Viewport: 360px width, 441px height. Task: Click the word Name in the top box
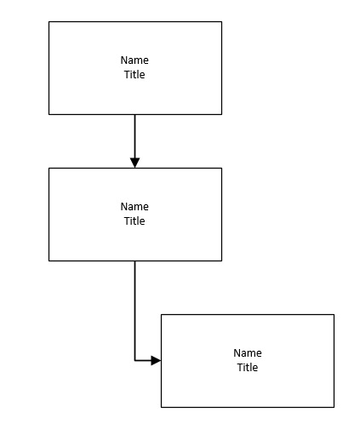tap(134, 60)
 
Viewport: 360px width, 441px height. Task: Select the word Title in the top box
tap(134, 75)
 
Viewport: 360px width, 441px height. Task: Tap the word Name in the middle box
tap(134, 207)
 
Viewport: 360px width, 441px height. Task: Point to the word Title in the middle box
tap(134, 221)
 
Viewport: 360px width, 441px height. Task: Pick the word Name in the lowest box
tap(247, 353)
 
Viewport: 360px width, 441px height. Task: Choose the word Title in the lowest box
tap(247, 368)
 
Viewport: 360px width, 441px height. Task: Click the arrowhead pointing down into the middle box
tap(134, 163)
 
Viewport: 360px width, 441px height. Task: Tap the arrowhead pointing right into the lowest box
tap(156, 361)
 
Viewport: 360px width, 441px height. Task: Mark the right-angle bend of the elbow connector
tap(134, 361)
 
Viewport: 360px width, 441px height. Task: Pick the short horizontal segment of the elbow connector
tap(143, 361)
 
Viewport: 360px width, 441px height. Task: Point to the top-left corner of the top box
tap(49, 22)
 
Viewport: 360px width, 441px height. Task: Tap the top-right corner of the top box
tap(221, 22)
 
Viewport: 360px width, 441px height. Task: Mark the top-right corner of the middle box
tap(221, 169)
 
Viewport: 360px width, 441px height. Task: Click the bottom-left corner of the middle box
tap(49, 261)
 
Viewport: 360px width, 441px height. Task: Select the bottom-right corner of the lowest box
tap(334, 407)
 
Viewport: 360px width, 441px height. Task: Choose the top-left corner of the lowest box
tap(161, 315)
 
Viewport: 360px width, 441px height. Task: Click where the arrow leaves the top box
tap(134, 115)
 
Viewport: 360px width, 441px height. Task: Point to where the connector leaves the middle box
tap(134, 261)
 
